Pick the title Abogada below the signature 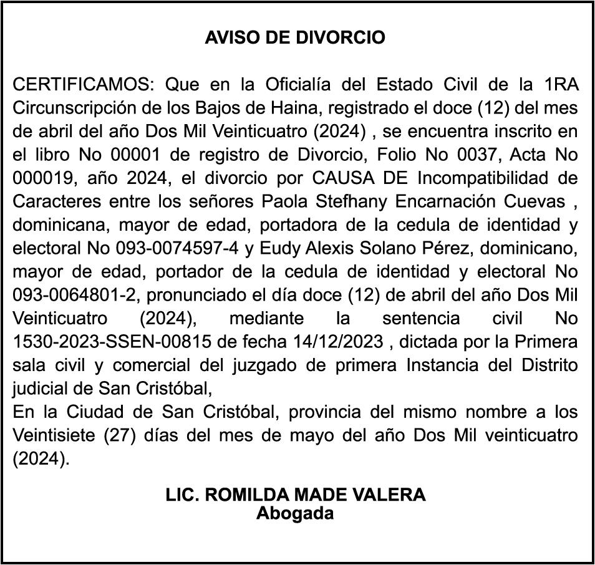pyautogui.click(x=295, y=514)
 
